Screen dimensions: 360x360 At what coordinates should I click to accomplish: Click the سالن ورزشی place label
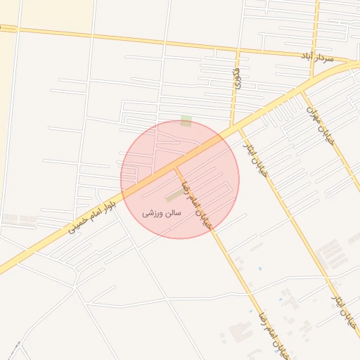[x=162, y=212]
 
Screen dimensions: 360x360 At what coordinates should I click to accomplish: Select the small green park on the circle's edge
[x=186, y=121]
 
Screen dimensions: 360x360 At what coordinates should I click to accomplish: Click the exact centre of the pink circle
[x=180, y=179]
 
